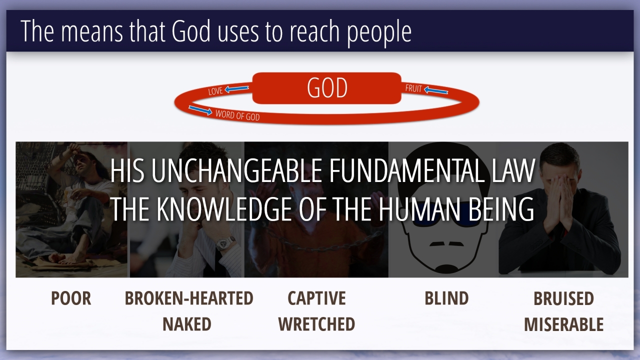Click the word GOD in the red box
(x=327, y=87)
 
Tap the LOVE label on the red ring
(x=215, y=91)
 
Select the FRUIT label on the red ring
(x=413, y=88)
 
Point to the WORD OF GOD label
(x=237, y=115)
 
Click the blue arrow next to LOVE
(x=236, y=89)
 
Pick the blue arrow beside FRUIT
(x=435, y=90)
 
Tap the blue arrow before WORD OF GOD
(x=200, y=110)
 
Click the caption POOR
(x=71, y=298)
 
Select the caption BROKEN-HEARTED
(x=189, y=298)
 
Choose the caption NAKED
(x=187, y=324)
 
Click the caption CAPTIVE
(x=316, y=298)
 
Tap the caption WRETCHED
(x=316, y=324)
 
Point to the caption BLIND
(x=446, y=298)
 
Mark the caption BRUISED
(x=563, y=298)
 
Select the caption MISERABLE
(x=563, y=324)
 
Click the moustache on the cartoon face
(x=447, y=243)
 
